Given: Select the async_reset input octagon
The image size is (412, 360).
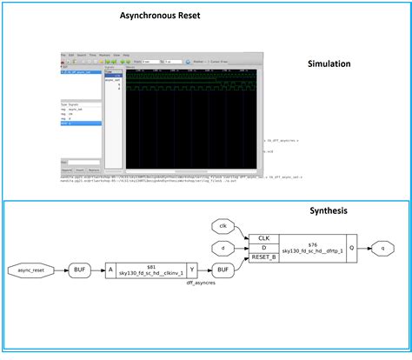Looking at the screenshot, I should (31, 270).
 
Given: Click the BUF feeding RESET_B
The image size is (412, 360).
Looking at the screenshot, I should (223, 270).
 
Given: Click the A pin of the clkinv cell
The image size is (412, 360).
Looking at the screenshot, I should (110, 270).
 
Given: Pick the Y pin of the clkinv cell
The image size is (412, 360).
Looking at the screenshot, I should (192, 270).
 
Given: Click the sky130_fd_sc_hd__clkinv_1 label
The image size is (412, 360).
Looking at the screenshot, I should (151, 272).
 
